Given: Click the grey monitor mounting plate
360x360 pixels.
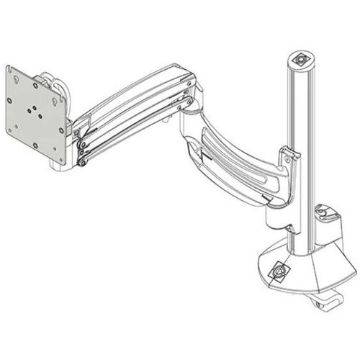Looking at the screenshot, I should [36, 115].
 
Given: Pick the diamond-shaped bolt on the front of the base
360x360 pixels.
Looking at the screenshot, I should [279, 272].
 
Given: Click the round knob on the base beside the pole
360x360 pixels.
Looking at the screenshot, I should [326, 213].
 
